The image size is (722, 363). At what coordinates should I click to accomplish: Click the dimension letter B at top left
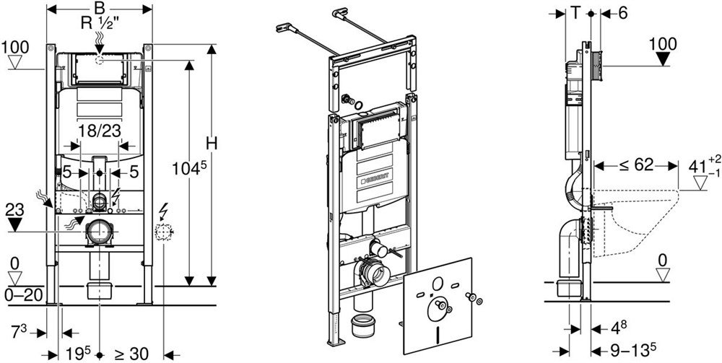pyautogui.click(x=100, y=8)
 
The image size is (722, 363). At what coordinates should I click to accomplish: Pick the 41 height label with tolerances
pyautogui.click(x=696, y=166)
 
